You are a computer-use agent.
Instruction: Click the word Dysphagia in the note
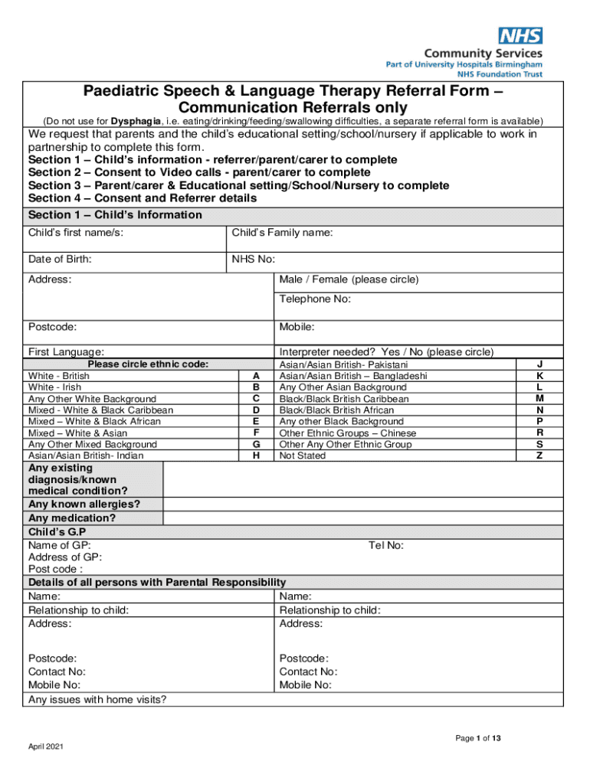click(136, 122)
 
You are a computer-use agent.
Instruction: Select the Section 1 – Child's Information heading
click(115, 215)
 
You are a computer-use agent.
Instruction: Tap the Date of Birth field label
click(60, 260)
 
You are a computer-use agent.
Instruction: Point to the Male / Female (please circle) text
click(349, 280)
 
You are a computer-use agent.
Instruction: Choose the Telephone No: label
click(315, 299)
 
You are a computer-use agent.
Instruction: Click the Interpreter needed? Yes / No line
click(386, 352)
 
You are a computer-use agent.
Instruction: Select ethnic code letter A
click(256, 376)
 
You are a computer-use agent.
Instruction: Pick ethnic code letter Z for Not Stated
click(539, 456)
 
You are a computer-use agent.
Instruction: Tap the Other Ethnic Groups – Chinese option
click(347, 433)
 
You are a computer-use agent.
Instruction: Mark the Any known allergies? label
click(84, 504)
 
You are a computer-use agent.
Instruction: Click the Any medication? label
click(72, 518)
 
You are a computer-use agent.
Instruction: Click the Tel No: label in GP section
click(386, 545)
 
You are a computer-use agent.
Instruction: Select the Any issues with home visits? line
click(97, 700)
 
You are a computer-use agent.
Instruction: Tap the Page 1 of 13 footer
click(478, 739)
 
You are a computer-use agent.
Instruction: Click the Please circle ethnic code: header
click(149, 364)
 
